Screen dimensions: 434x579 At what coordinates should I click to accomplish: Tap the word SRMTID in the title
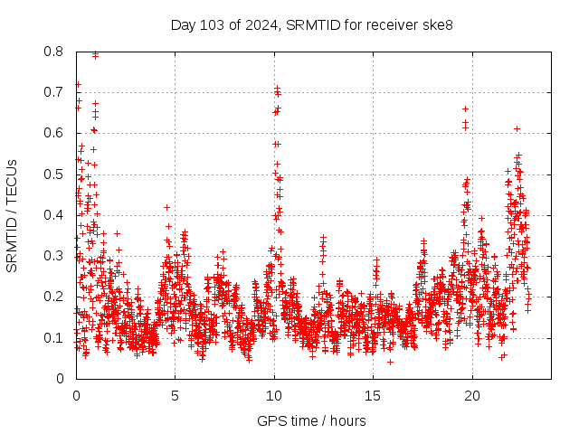coord(308,24)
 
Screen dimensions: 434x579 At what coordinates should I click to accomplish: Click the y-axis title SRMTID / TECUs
coord(12,215)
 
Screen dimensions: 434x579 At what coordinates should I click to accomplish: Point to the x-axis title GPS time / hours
coord(311,420)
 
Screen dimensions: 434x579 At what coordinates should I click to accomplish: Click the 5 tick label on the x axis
coord(175,395)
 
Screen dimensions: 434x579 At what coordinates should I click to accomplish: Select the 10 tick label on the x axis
coord(273,395)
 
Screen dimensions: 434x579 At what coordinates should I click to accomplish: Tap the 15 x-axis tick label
coord(372,395)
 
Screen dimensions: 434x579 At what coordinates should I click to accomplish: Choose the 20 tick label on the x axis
coord(470,395)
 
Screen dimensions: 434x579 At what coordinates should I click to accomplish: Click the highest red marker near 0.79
coord(95,55)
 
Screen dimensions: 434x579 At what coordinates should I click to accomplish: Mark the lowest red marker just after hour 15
coord(390,362)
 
